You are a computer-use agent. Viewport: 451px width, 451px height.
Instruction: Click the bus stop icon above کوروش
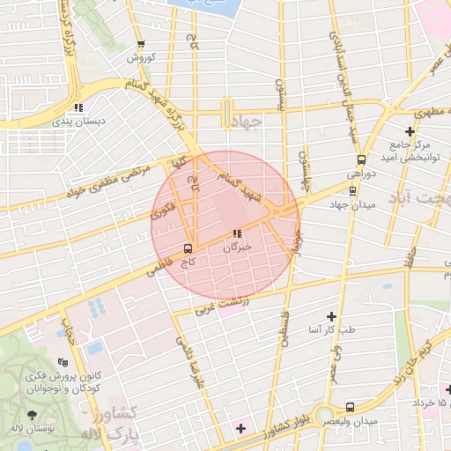(x=140, y=44)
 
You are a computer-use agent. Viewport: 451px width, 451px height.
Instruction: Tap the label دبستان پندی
(x=80, y=121)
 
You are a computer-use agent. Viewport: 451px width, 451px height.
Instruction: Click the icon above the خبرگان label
(x=236, y=233)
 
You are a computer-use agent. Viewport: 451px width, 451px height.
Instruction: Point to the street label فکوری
(x=164, y=209)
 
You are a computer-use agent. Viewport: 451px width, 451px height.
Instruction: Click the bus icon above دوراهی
(x=360, y=160)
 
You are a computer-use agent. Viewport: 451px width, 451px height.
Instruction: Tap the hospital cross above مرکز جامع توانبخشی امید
(x=410, y=131)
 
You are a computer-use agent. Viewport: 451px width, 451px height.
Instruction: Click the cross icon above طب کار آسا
(x=331, y=315)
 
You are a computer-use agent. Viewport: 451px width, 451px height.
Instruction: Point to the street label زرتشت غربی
(x=222, y=306)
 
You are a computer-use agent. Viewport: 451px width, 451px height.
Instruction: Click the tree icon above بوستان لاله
(x=33, y=414)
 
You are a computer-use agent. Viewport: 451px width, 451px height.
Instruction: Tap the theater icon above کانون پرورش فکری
(x=62, y=362)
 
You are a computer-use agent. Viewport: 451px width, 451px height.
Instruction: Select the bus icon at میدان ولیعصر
(x=351, y=407)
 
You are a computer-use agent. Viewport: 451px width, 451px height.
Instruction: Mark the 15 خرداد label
(x=432, y=403)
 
